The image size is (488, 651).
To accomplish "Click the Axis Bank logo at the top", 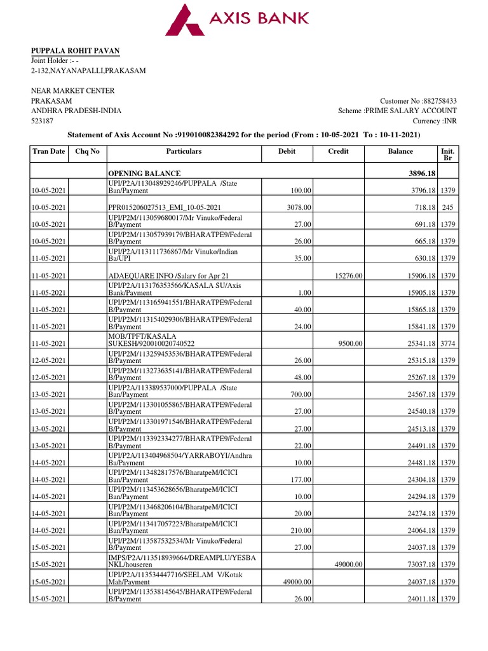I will [x=237, y=19].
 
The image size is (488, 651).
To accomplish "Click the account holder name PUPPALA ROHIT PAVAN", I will [x=76, y=51].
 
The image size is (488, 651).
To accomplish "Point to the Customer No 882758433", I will [x=418, y=100].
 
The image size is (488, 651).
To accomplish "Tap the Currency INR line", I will [x=435, y=121].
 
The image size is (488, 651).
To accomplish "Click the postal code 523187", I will [x=43, y=121].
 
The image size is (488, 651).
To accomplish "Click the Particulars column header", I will [x=184, y=151].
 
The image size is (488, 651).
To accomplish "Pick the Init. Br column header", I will [x=447, y=155].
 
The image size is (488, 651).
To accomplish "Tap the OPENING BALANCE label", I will [x=144, y=174].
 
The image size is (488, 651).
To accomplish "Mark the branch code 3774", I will [x=448, y=344].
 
